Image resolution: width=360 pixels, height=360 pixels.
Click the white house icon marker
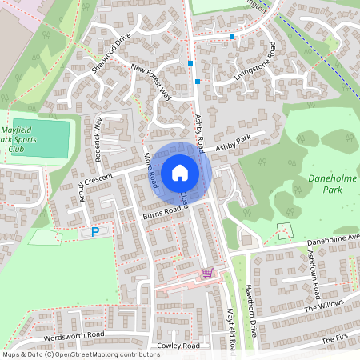(x=180, y=172)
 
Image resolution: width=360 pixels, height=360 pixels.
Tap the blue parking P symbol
(x=95, y=232)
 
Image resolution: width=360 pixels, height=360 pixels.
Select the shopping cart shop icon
(x=207, y=272)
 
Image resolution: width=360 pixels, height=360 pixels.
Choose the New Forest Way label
(x=151, y=82)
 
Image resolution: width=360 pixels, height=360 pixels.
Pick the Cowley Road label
(x=178, y=346)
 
